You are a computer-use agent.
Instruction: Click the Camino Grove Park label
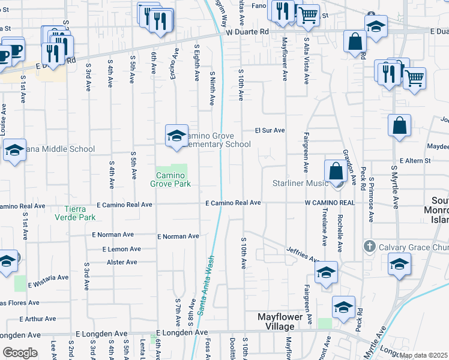pos(170,179)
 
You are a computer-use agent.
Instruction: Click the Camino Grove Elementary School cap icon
pos(177,136)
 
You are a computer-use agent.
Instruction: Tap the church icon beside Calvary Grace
pos(370,246)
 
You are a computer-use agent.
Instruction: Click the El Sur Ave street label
pos(270,130)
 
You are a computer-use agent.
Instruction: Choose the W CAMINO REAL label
pos(330,203)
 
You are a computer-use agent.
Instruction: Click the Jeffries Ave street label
pos(301,254)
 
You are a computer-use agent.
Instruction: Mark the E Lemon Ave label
pos(121,249)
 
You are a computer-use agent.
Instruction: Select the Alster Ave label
pos(122,262)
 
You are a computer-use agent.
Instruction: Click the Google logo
pos(20,353)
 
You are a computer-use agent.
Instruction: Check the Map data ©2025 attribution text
pos(424,355)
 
